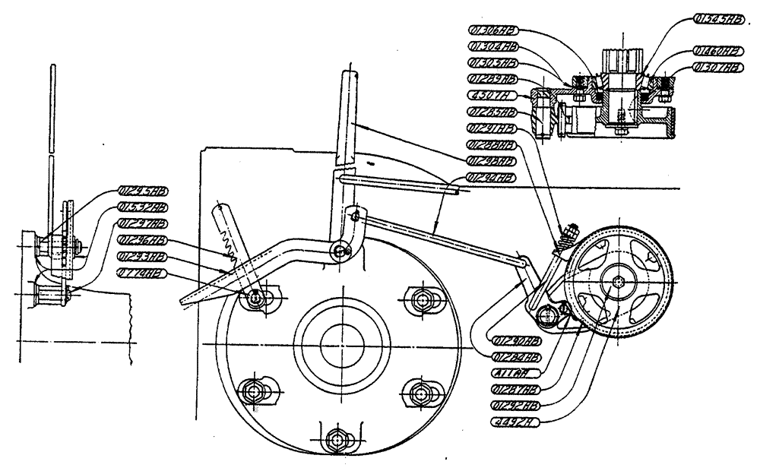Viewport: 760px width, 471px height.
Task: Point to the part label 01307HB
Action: pyautogui.click(x=719, y=68)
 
